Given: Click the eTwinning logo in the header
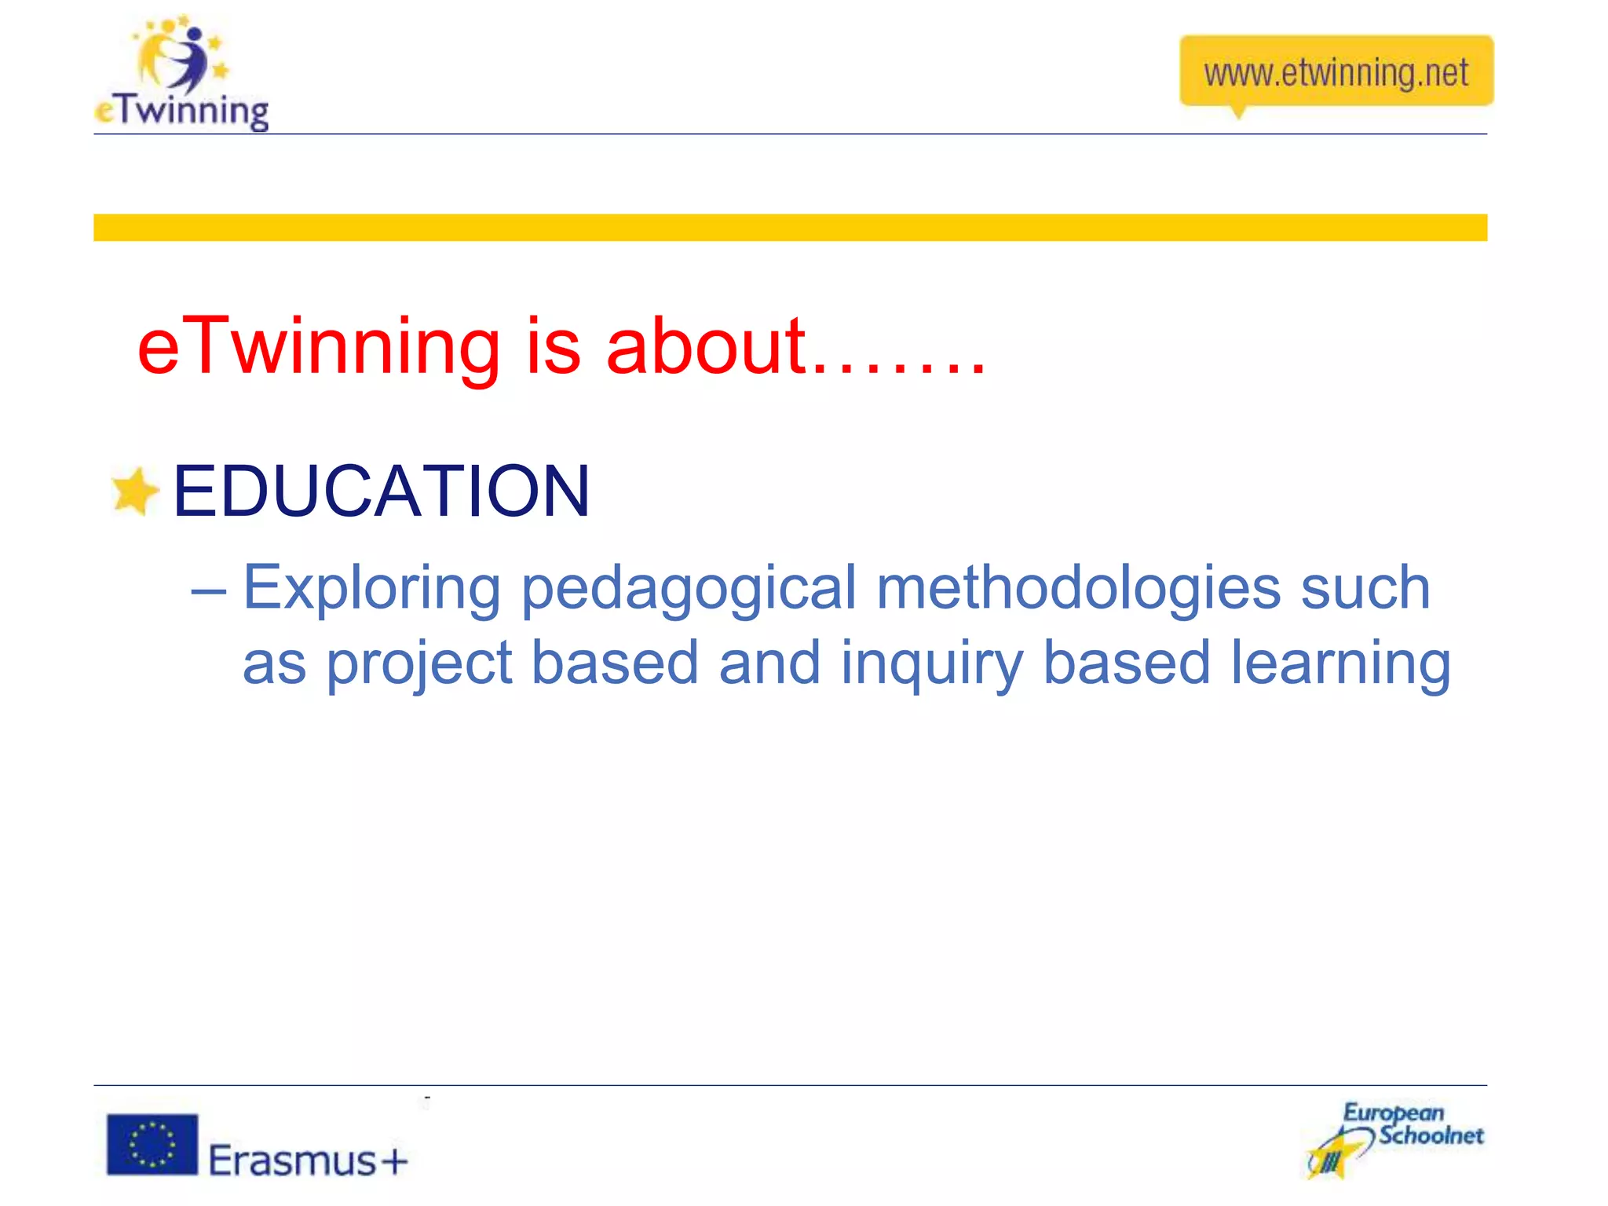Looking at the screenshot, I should [181, 75].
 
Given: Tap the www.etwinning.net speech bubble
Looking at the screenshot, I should [1336, 72].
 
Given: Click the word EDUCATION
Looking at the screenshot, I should [381, 492].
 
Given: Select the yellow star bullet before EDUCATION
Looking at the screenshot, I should [135, 492].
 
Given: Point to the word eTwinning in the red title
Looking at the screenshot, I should [318, 347].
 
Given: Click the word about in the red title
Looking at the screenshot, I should [706, 347].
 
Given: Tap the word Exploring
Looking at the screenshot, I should [371, 589].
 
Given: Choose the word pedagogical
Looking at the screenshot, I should [688, 589].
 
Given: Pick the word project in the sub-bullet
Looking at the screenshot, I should [418, 664].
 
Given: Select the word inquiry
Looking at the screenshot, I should [931, 664].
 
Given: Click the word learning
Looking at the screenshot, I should [1340, 664].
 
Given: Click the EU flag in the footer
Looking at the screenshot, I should [152, 1144].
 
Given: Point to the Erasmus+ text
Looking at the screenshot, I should [309, 1160].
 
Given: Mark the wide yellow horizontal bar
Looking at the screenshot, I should [790, 228].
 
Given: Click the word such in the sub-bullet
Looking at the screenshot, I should [1365, 589].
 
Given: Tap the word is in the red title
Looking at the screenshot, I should [553, 347].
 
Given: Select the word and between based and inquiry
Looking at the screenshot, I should [769, 664].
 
